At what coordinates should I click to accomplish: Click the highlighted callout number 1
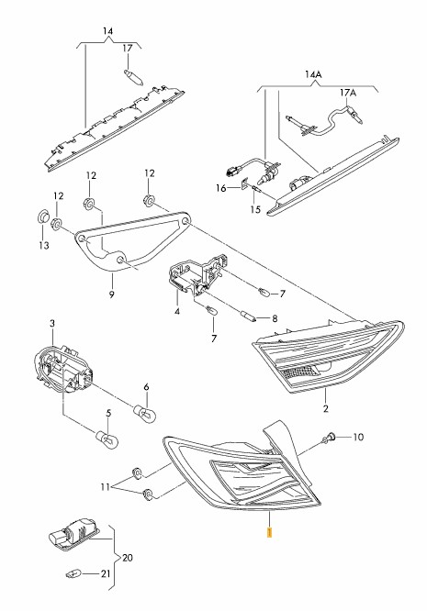pos(269,532)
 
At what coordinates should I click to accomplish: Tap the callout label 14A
pos(313,73)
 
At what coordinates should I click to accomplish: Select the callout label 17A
pos(348,93)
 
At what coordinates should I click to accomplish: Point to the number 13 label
pos(44,245)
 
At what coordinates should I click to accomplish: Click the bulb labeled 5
pos(107,439)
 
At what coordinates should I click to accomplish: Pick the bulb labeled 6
pos(145,413)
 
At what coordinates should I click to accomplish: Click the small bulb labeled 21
pos(73,573)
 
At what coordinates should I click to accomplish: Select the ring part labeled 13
pos(42,217)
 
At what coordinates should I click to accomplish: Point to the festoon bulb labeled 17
pos(133,77)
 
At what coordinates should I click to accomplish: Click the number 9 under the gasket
pos(111,294)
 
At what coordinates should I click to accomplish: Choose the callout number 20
pos(128,558)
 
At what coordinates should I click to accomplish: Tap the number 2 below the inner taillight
pos(326,408)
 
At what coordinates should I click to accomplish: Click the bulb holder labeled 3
pos(64,367)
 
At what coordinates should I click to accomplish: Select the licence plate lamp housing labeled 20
pos(73,537)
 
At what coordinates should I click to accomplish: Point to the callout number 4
pos(177,312)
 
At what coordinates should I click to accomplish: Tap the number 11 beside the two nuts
pos(106,487)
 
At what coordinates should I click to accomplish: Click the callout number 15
pos(255,210)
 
